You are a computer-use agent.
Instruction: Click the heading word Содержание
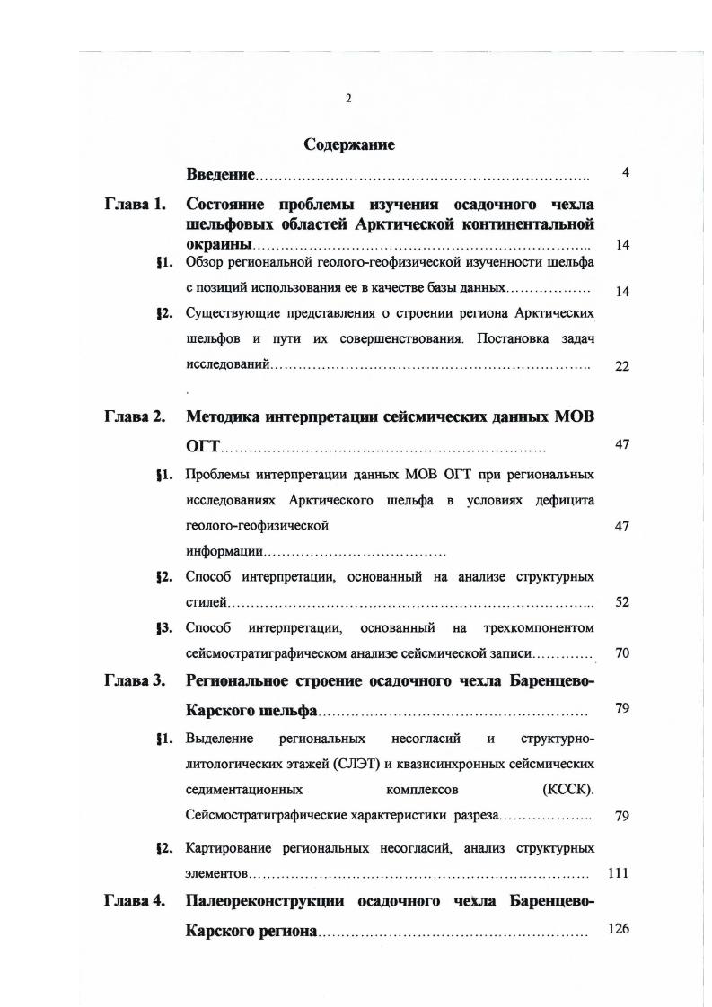click(x=349, y=144)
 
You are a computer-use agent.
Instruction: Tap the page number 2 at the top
click(x=348, y=99)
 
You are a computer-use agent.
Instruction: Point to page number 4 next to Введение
click(x=625, y=172)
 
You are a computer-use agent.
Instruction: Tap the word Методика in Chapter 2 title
click(x=228, y=416)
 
